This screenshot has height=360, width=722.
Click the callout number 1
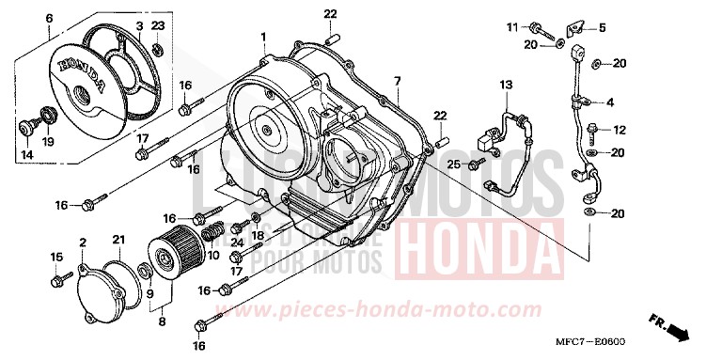tap(264, 38)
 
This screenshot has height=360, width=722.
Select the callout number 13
tap(505, 85)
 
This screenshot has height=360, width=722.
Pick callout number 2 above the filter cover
tap(83, 243)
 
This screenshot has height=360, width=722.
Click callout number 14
tap(26, 154)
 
